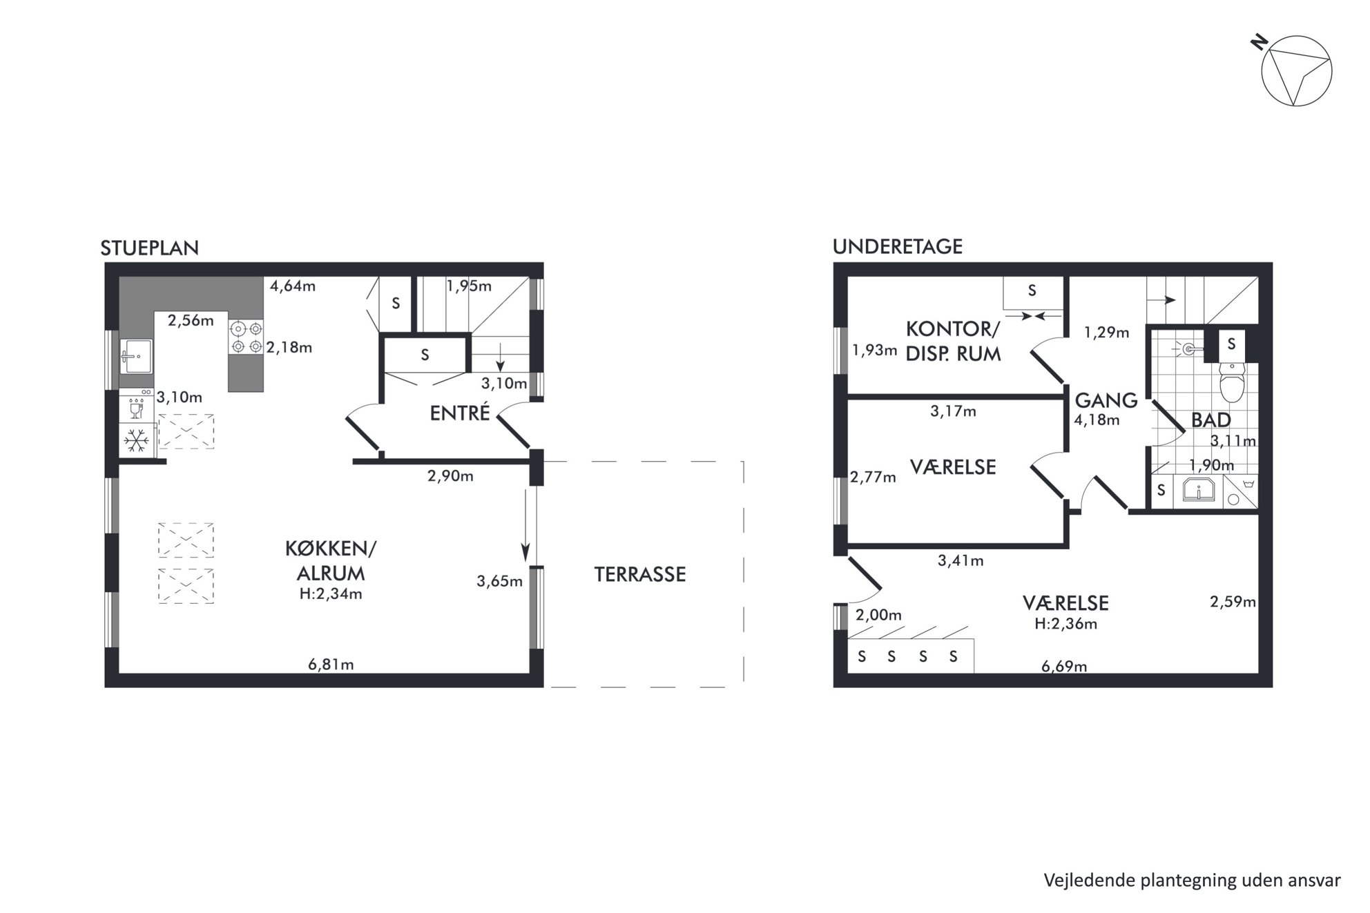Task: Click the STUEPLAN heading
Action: (150, 248)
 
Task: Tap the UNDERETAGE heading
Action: (898, 246)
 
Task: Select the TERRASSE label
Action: (640, 574)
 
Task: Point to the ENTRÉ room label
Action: (460, 413)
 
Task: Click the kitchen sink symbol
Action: (136, 356)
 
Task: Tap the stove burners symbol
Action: (247, 337)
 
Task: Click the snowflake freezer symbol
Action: (135, 440)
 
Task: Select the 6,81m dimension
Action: (331, 665)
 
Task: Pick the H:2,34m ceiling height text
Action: (331, 593)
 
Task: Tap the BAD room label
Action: (1211, 420)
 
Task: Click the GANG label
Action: (1106, 400)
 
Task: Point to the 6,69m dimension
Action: (1064, 666)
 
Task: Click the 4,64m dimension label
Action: (293, 286)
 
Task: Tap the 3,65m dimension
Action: (499, 581)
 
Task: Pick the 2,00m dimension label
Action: (878, 615)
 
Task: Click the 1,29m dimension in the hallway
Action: (1106, 332)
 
